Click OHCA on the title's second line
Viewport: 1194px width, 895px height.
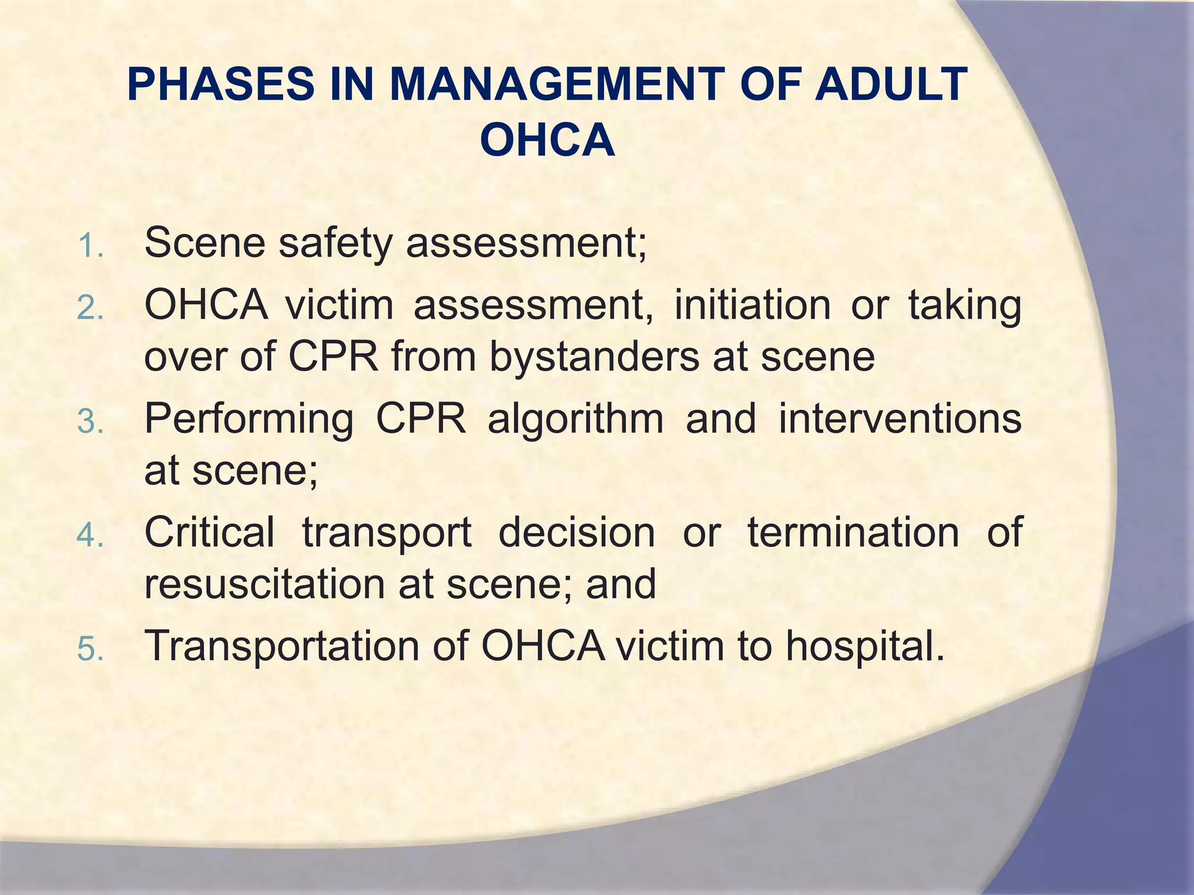tap(547, 141)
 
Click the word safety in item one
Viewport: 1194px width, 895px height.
tap(335, 244)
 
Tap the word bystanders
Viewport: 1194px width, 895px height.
tap(594, 357)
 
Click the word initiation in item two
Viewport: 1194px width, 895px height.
tap(752, 305)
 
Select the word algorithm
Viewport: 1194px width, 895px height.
tap(575, 419)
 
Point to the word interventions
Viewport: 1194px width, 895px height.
tap(900, 419)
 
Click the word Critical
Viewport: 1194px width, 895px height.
tap(209, 532)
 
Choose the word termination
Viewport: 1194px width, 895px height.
tap(853, 532)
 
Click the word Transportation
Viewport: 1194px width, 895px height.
tap(282, 647)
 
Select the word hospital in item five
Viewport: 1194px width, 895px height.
tap(864, 647)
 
